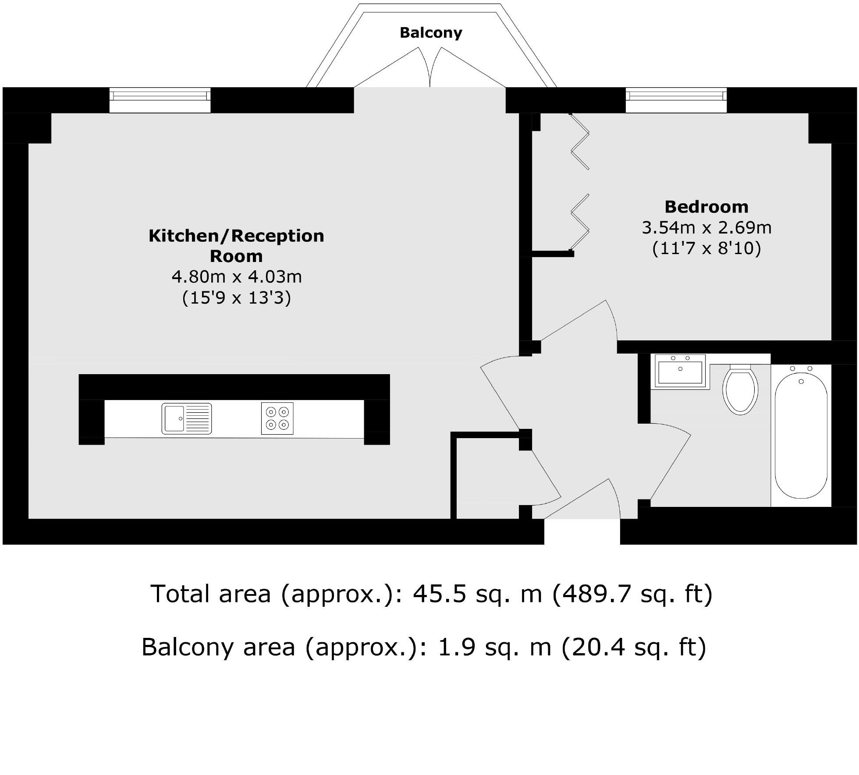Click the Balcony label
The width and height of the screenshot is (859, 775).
(x=431, y=33)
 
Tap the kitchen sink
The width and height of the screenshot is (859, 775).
(x=187, y=418)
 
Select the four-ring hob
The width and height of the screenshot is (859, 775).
(x=277, y=418)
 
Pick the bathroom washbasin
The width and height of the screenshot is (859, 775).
(x=680, y=371)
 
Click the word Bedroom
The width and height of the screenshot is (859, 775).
(x=706, y=207)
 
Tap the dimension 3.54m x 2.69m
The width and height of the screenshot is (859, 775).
(x=706, y=227)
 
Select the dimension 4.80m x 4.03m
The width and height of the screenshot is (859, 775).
(x=236, y=277)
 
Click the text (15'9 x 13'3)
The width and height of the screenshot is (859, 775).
(x=236, y=298)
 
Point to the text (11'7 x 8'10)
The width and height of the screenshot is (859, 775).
(x=706, y=248)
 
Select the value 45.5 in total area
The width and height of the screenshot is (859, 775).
(x=440, y=595)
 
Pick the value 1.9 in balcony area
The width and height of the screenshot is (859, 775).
(x=457, y=647)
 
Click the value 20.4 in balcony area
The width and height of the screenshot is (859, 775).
(x=599, y=647)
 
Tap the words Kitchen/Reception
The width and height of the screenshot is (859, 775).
(x=236, y=236)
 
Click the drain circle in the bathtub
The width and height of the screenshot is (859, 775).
(x=801, y=382)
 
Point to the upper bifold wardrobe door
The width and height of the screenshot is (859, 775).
(x=580, y=141)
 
